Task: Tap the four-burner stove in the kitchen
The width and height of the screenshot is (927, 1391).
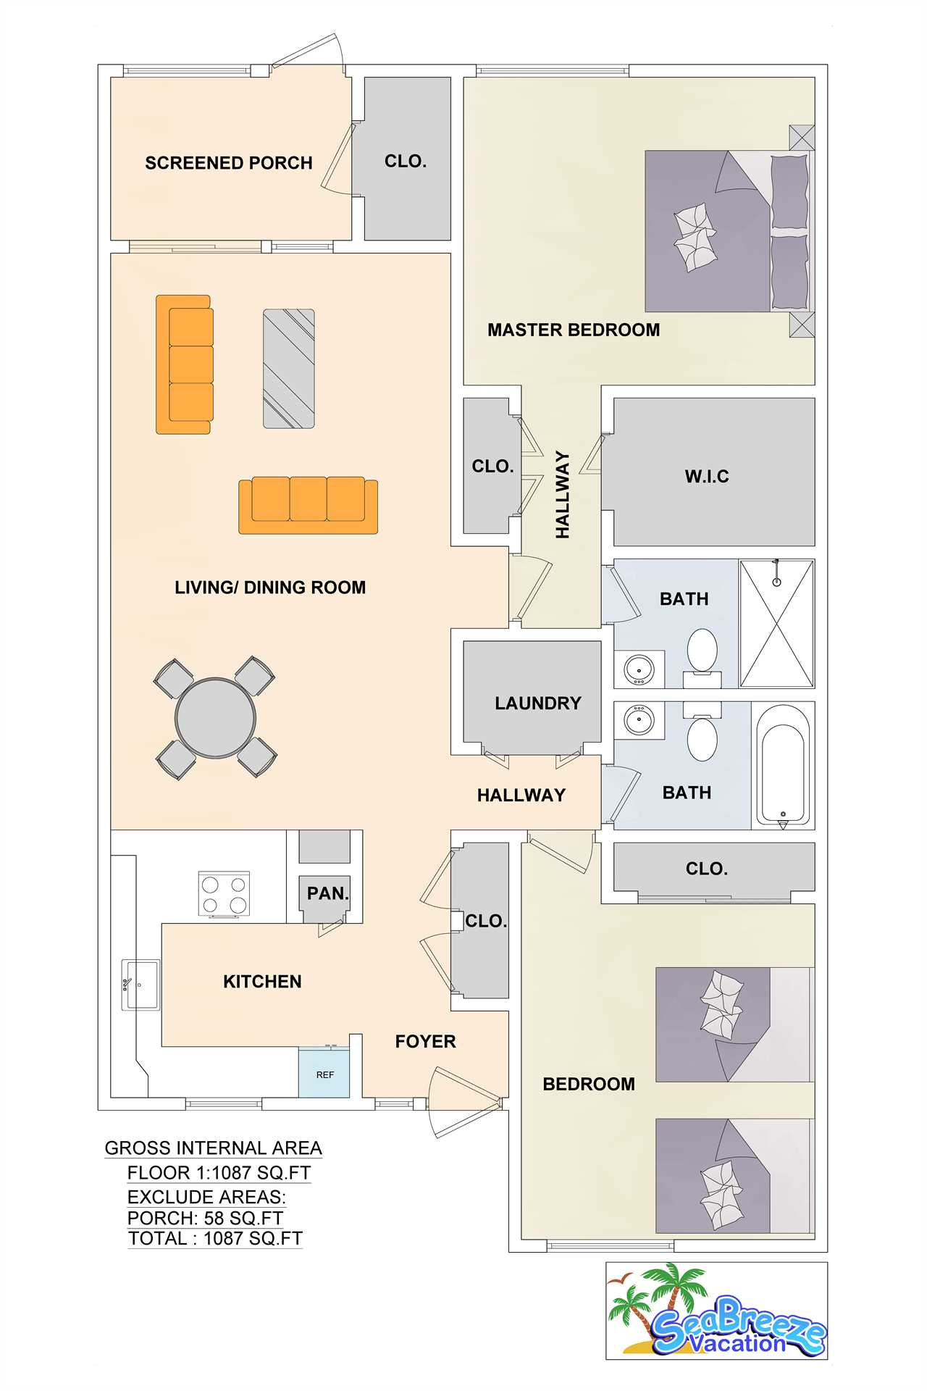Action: click(224, 895)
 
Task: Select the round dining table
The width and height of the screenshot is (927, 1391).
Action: click(215, 717)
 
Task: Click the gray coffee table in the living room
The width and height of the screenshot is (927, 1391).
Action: click(288, 369)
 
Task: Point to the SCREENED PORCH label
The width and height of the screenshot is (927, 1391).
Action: click(229, 163)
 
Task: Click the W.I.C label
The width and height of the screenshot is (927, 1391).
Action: click(707, 476)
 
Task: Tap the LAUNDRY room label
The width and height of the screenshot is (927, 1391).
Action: click(538, 703)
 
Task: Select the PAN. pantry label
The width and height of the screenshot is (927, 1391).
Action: click(328, 893)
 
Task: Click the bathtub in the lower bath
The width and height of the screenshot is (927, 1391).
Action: click(782, 766)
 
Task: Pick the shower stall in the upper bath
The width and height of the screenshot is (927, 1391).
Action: click(776, 623)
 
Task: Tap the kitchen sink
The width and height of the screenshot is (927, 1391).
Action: click(140, 985)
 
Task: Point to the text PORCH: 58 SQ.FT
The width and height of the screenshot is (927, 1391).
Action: click(205, 1218)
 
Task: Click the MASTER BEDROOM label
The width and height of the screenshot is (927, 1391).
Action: click(574, 330)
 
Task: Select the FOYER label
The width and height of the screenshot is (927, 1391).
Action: click(426, 1042)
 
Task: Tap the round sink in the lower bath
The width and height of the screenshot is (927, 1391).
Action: click(639, 721)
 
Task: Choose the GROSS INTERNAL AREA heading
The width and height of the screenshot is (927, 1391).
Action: click(214, 1148)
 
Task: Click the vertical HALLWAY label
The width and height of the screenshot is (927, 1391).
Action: click(563, 495)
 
